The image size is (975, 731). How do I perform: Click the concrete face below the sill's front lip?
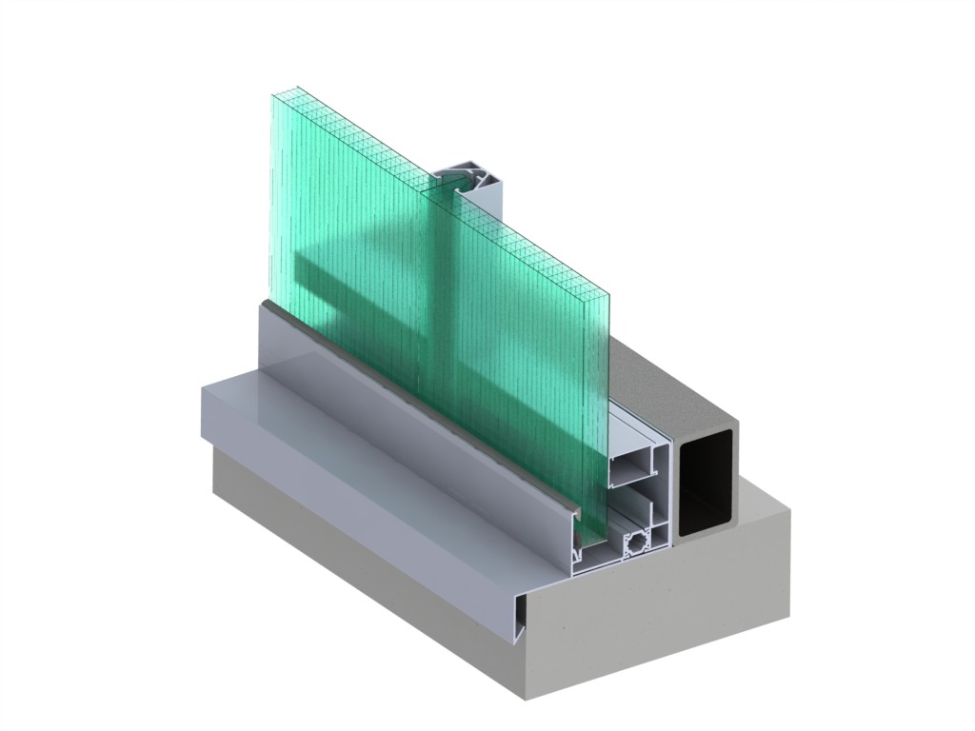362,552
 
